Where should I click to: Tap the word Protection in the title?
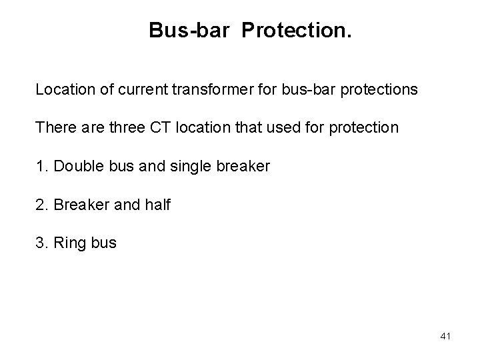pos(291,30)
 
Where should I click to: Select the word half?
pos(156,205)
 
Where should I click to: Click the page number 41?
pos(445,337)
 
